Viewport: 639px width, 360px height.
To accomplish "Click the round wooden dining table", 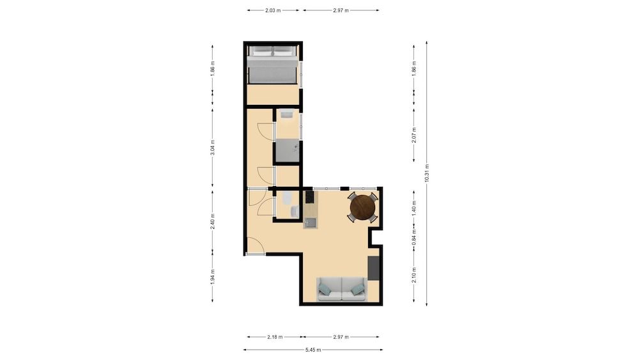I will (x=362, y=207).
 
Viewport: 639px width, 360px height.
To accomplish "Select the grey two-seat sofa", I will (x=342, y=289).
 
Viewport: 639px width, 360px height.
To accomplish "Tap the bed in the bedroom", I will (x=272, y=65).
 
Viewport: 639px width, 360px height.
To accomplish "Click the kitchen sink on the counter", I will (x=310, y=223).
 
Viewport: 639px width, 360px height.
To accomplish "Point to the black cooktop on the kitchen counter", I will (x=309, y=196).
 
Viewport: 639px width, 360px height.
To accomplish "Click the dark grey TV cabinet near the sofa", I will (x=374, y=268).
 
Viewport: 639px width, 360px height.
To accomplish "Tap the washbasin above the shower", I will (x=286, y=114).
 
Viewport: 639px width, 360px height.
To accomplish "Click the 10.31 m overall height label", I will (x=426, y=173).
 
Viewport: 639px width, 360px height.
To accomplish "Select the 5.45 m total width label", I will (x=313, y=350).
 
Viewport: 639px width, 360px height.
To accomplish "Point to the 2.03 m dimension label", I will (x=273, y=10).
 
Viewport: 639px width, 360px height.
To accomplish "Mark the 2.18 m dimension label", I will (x=275, y=336).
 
